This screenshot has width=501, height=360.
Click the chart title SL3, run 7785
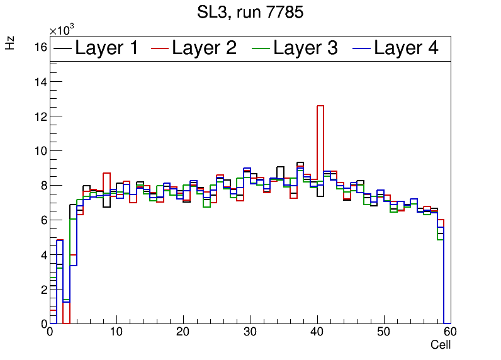(x=250, y=12)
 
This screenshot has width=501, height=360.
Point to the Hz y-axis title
(x=10, y=43)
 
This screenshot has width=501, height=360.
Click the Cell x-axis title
(x=440, y=345)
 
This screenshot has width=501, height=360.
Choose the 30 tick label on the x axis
(x=250, y=332)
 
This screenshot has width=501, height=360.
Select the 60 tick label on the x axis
(x=449, y=332)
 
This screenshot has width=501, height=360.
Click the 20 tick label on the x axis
(x=183, y=332)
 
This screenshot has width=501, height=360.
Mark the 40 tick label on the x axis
(x=317, y=332)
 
